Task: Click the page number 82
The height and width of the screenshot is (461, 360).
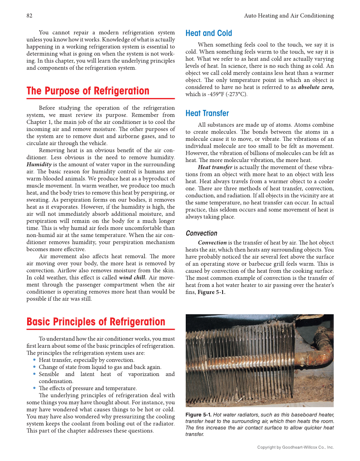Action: click(29, 16)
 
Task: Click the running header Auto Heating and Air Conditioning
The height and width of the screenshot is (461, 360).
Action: click(289, 16)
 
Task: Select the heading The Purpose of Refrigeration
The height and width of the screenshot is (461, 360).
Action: click(88, 91)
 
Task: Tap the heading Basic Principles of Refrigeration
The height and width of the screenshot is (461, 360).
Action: click(96, 322)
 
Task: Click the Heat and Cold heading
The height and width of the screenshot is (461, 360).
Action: click(209, 33)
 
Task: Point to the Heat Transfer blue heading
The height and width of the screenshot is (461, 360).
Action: click(207, 113)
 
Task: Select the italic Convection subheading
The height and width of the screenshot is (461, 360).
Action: click(201, 233)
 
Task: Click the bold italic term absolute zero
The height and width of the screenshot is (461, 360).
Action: click(315, 87)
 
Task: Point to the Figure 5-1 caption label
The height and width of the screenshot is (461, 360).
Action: click(198, 415)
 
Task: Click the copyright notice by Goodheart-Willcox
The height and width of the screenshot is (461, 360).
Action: click(296, 447)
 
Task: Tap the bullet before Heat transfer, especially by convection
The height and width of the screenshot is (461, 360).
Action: click(34, 360)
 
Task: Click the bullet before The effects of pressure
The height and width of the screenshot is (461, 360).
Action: click(34, 388)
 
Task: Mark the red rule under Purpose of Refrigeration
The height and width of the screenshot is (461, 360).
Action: click(100, 99)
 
